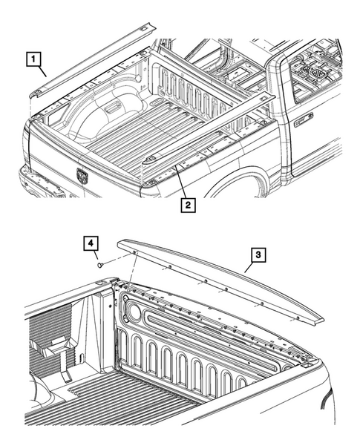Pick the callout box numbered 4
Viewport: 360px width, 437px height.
pos(89,243)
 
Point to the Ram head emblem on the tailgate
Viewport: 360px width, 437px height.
pos(82,175)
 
